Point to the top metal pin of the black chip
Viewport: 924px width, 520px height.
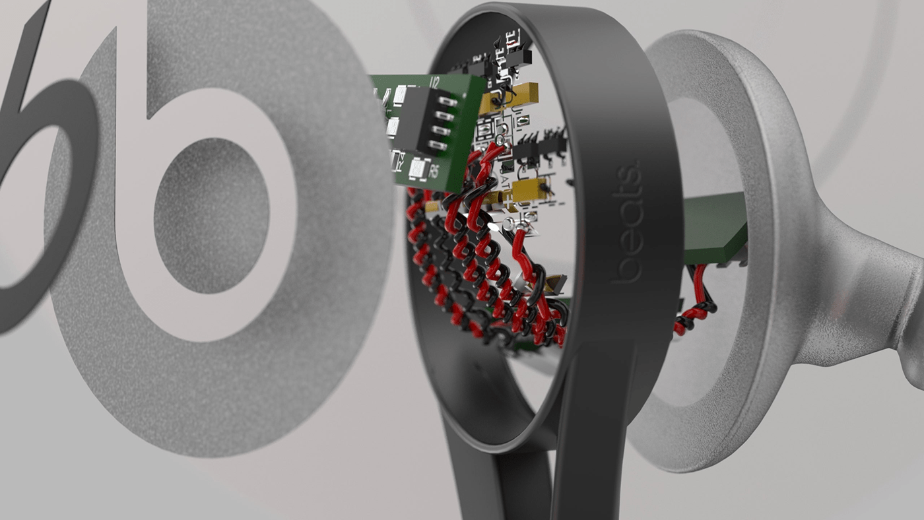pos(448,102)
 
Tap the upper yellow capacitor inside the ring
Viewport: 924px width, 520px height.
pos(508,98)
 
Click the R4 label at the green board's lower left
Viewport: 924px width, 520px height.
pos(398,160)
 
